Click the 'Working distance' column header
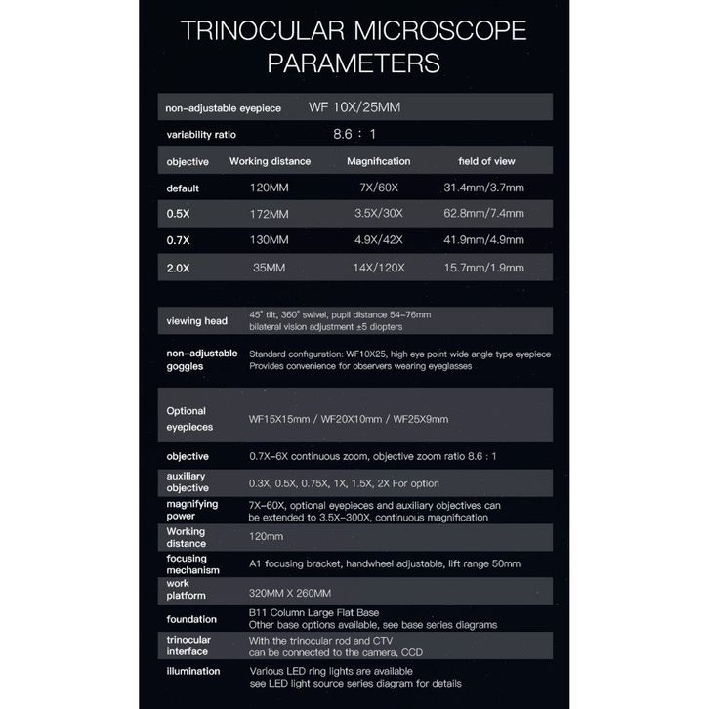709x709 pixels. point(270,161)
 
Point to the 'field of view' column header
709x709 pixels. point(486,161)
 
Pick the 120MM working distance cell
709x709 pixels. point(269,187)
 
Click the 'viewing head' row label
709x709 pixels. point(197,320)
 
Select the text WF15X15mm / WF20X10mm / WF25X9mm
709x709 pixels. point(349,420)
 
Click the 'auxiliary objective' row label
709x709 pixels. point(188,481)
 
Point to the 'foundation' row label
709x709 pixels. point(193,617)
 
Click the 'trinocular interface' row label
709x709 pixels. point(190,645)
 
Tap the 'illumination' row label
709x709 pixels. point(193,671)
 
